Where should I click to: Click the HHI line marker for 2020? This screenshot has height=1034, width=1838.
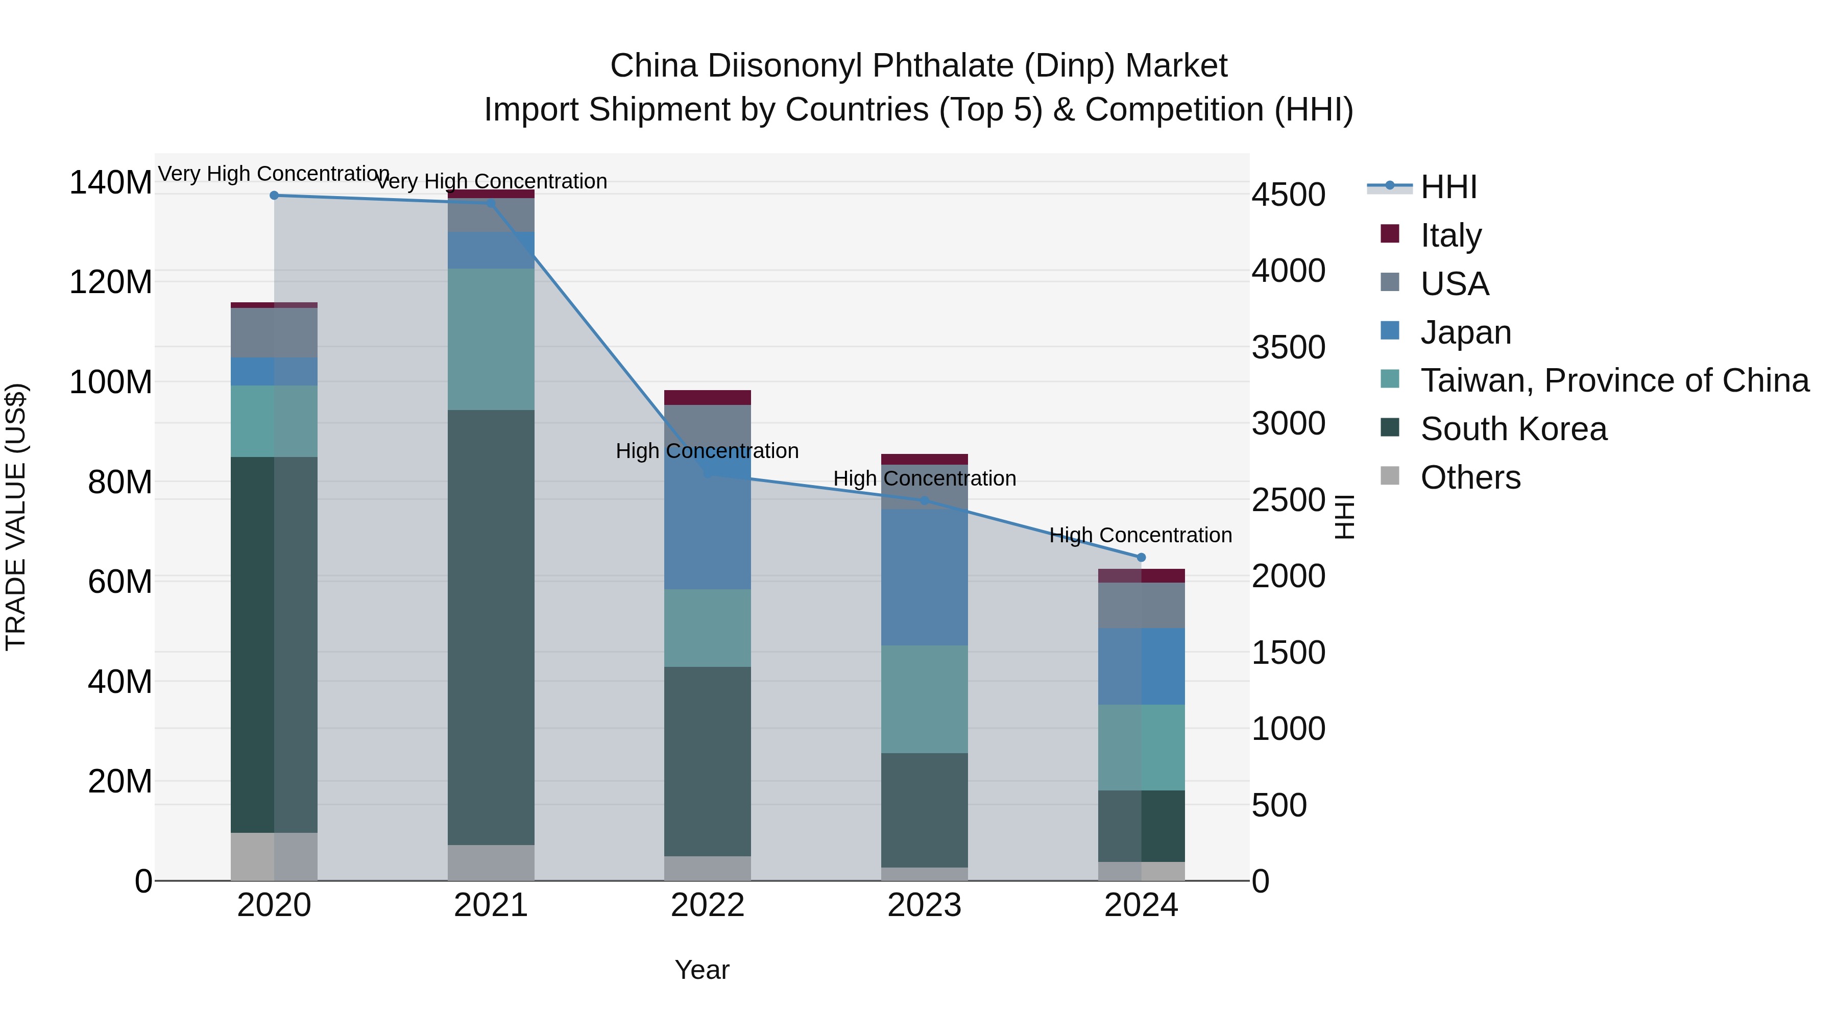(274, 196)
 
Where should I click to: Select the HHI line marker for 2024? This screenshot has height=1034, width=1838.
(1141, 557)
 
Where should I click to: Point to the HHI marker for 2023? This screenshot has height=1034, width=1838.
(925, 501)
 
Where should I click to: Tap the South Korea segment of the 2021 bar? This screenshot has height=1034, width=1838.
(491, 628)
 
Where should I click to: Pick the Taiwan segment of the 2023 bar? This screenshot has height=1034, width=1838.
(925, 700)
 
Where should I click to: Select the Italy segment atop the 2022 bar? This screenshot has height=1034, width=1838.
(708, 397)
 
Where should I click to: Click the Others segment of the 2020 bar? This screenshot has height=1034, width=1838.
(274, 856)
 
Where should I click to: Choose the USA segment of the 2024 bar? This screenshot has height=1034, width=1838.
(1141, 605)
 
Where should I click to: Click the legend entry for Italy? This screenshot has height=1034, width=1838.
(1450, 235)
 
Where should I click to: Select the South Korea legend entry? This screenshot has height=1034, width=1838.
(1513, 429)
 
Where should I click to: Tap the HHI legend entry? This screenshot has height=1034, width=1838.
(1448, 187)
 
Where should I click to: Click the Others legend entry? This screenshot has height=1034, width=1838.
(1470, 477)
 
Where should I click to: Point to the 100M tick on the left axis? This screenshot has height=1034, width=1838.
(111, 382)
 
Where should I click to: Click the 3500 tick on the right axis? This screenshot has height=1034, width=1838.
(1289, 348)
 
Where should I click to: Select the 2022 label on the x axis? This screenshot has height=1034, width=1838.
(708, 905)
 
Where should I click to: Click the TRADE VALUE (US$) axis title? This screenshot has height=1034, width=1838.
(16, 517)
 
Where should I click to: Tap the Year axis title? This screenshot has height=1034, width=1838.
(702, 970)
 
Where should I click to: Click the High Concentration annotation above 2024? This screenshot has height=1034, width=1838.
(1140, 535)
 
